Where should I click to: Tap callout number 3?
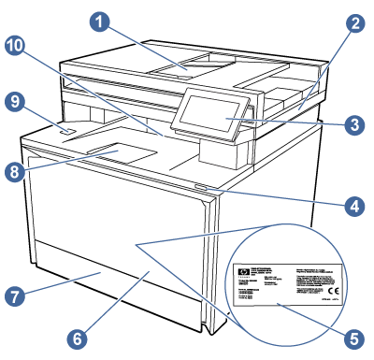[x=353, y=122]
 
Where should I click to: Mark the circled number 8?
[x=14, y=172]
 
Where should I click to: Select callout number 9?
[x=14, y=103]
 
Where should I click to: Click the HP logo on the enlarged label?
[x=245, y=273]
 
